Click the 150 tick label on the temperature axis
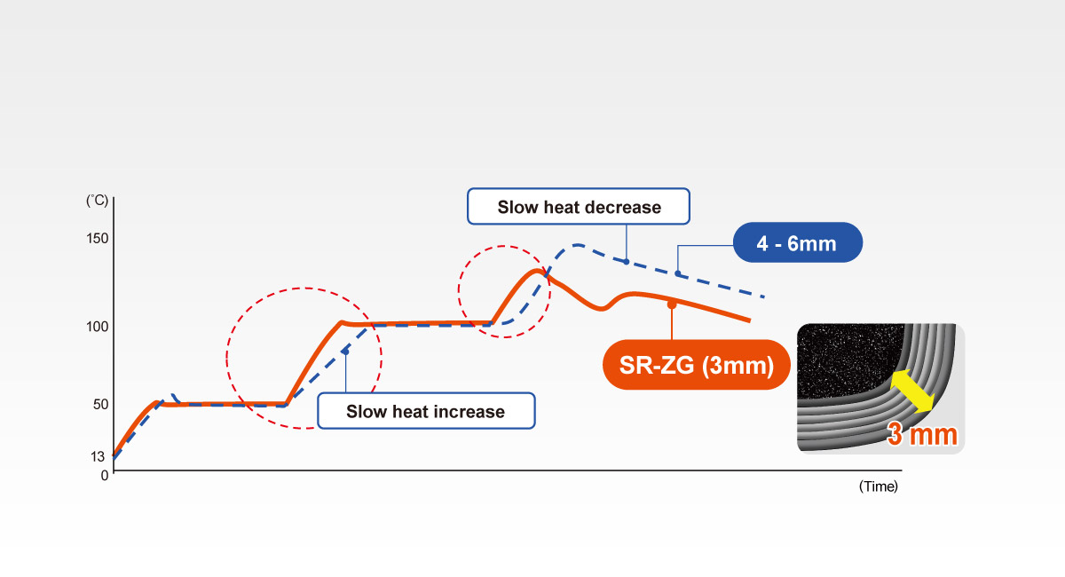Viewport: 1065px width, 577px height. tap(98, 238)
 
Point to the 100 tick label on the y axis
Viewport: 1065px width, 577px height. tap(98, 327)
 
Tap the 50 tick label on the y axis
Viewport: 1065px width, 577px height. tap(101, 404)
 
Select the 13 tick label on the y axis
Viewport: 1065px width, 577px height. tap(98, 456)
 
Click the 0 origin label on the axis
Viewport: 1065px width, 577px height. tap(105, 476)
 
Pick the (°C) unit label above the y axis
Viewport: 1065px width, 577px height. tap(97, 201)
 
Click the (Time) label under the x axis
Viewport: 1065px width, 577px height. tap(878, 486)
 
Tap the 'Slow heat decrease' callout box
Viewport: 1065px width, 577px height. tap(579, 207)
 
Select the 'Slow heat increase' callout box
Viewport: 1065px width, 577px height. tap(426, 411)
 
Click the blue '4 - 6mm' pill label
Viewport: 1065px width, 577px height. tap(798, 242)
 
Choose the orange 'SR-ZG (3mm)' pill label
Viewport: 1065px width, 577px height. tap(697, 365)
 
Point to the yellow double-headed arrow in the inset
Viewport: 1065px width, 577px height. tap(912, 391)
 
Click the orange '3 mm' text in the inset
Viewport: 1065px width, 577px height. tap(922, 434)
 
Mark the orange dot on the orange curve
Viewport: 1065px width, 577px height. tap(672, 304)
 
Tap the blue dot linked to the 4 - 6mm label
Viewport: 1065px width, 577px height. tap(678, 273)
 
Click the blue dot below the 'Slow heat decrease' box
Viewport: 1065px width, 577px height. tap(627, 262)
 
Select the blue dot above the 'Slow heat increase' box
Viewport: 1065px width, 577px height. tap(345, 352)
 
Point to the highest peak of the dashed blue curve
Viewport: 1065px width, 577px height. tap(578, 245)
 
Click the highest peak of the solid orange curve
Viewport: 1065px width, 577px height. tap(537, 271)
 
